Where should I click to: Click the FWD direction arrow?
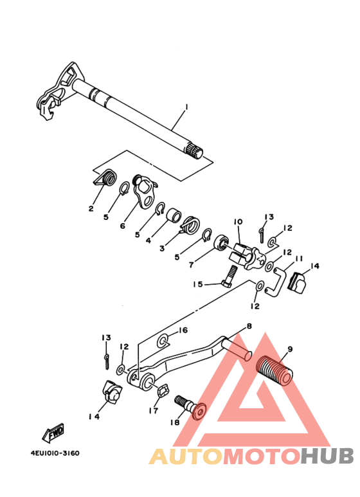(x=53, y=433)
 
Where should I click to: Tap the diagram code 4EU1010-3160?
(x=55, y=453)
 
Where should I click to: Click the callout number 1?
(x=186, y=107)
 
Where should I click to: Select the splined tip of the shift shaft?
(x=195, y=151)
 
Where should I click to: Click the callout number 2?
(x=91, y=208)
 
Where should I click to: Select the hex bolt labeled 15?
(x=229, y=276)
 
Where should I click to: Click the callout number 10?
(x=238, y=222)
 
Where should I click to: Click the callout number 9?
(x=289, y=349)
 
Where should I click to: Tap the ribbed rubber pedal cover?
(x=274, y=370)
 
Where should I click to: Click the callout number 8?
(x=249, y=326)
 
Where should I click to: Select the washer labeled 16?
(x=163, y=341)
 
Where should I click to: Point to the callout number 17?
(x=153, y=410)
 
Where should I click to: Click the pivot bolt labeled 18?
(x=190, y=406)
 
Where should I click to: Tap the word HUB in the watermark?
(x=327, y=456)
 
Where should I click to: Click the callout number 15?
(x=198, y=284)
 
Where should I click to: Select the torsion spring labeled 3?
(x=189, y=226)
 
